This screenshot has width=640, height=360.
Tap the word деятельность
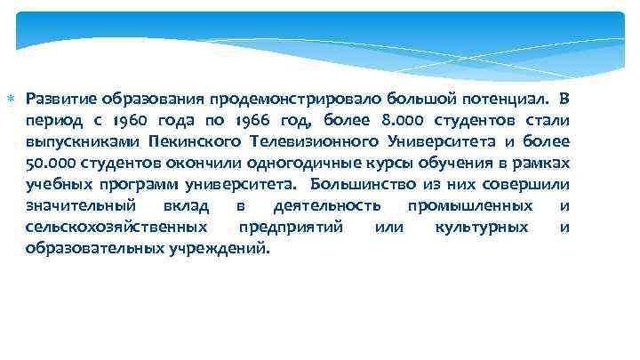coord(317,206)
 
